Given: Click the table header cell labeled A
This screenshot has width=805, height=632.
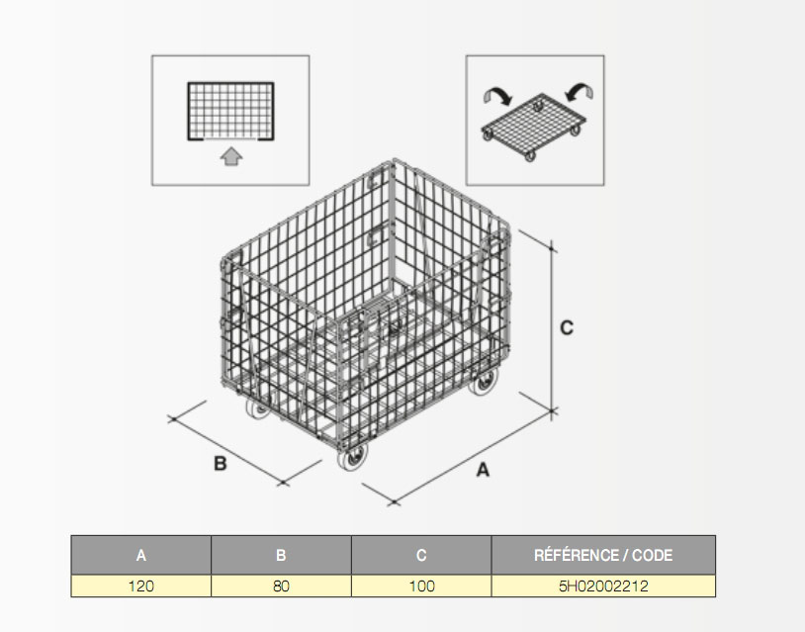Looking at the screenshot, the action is (x=140, y=555).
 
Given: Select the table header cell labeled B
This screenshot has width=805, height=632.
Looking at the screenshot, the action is (x=281, y=555).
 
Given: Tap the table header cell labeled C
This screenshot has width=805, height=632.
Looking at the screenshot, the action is (x=421, y=555).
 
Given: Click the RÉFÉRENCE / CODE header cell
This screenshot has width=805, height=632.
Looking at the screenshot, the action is (x=603, y=555).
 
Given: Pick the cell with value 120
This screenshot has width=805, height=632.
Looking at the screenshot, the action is (x=140, y=586).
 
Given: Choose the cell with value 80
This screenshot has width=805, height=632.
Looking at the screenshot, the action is (x=281, y=586).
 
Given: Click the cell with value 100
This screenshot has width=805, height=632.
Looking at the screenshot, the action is (x=421, y=586).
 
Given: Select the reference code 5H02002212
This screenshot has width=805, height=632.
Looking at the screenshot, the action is (x=603, y=586).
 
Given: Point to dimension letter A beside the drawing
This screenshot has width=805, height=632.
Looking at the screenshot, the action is (x=483, y=470).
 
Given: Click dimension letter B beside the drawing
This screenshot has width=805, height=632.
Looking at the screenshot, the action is (x=220, y=464).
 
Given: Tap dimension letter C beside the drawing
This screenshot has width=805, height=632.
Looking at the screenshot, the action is (x=567, y=327).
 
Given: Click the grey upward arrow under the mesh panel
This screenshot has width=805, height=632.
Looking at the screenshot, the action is (x=231, y=156).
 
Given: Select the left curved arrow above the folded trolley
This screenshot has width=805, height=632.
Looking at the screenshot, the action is (x=497, y=95).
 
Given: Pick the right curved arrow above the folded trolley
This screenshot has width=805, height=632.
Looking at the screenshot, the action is (x=580, y=91).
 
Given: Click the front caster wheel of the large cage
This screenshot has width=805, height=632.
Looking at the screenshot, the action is (x=353, y=457).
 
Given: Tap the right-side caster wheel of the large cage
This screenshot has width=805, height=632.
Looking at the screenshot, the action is (x=484, y=382).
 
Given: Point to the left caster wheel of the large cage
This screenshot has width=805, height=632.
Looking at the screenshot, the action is (x=258, y=408).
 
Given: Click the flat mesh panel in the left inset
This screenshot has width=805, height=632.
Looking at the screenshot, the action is (x=230, y=111).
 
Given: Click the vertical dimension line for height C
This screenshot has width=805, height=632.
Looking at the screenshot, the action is (x=552, y=329).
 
